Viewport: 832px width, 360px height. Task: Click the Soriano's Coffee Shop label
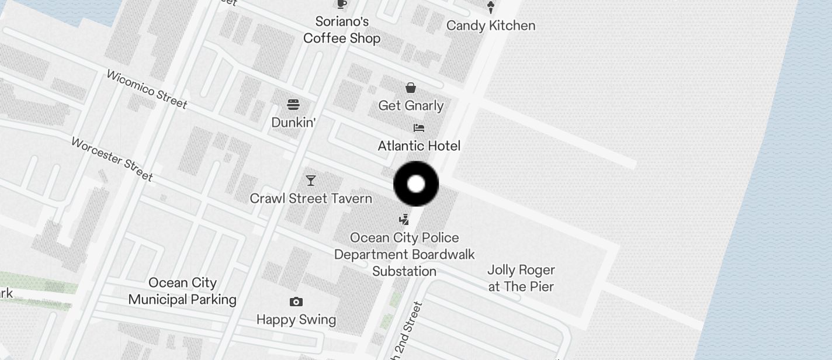click(x=342, y=30)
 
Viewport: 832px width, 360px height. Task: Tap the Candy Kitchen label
click(x=491, y=26)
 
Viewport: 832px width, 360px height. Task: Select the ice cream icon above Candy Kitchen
click(x=491, y=7)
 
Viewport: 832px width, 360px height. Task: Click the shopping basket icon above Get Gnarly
click(x=411, y=88)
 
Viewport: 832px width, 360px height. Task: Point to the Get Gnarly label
click(x=411, y=106)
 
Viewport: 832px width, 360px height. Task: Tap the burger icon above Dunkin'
click(x=293, y=105)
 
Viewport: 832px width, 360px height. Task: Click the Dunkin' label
click(x=293, y=123)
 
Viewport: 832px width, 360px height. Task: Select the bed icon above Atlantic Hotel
click(x=418, y=128)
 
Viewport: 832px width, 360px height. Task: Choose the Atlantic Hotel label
click(x=419, y=146)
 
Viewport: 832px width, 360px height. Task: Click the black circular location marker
click(x=416, y=184)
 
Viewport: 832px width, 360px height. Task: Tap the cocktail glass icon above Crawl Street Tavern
click(x=311, y=181)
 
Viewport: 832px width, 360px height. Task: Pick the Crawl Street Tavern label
click(x=311, y=199)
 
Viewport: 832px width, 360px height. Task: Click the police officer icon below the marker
click(x=404, y=220)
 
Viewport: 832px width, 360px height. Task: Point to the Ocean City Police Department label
click(x=404, y=254)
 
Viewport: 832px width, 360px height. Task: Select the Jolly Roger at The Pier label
click(x=521, y=278)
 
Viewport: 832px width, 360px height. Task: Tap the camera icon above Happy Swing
click(x=296, y=302)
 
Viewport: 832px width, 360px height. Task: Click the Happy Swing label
click(x=296, y=320)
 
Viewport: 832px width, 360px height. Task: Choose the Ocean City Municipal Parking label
click(x=182, y=291)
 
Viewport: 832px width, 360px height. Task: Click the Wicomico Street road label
click(x=147, y=89)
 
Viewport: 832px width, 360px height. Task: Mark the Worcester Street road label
click(x=112, y=159)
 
